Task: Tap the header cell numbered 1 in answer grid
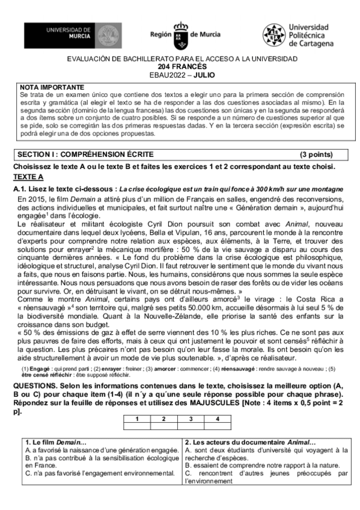coord(137,419)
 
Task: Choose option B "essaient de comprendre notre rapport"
coord(258,465)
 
